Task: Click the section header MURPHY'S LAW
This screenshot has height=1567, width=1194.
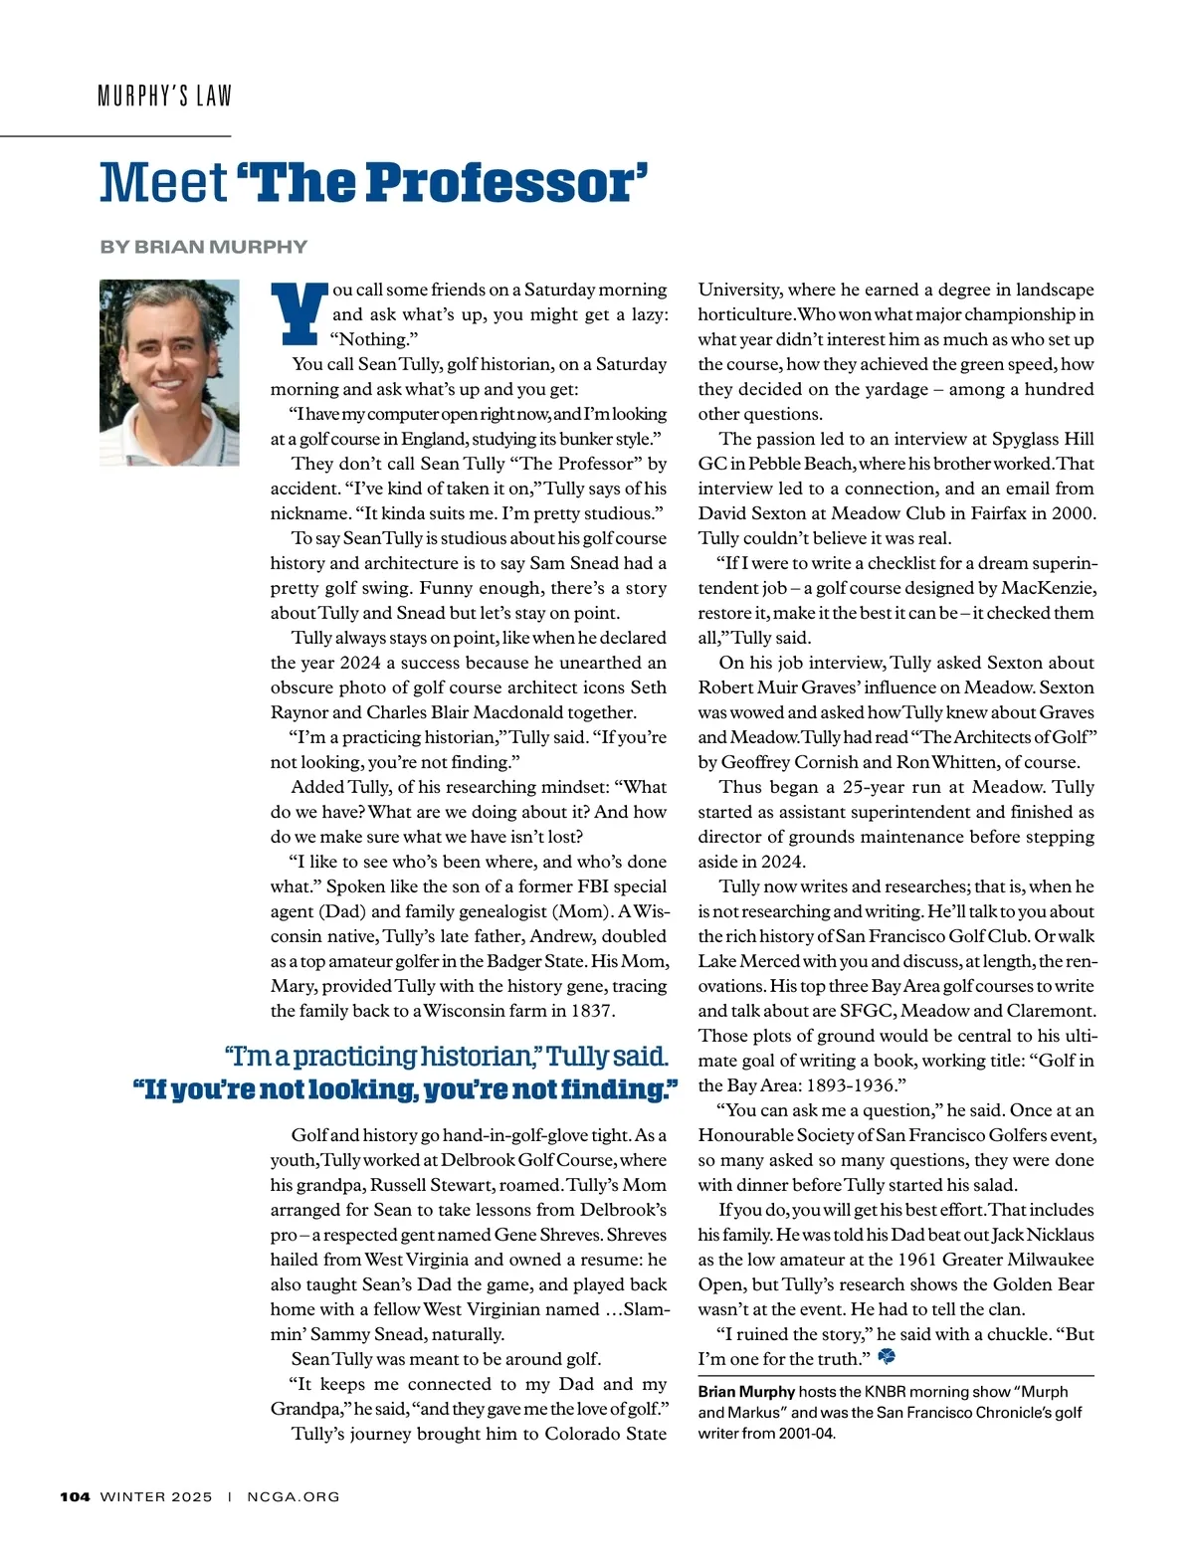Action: click(164, 97)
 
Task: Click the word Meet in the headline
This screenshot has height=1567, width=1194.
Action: click(163, 183)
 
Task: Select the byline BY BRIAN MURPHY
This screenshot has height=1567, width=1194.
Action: click(203, 247)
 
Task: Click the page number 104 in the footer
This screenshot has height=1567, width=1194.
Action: click(75, 1496)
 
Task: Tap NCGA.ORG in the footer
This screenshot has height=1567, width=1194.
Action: click(294, 1496)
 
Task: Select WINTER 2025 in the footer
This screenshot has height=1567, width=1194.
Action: click(156, 1496)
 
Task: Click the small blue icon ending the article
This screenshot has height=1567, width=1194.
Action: click(887, 1357)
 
